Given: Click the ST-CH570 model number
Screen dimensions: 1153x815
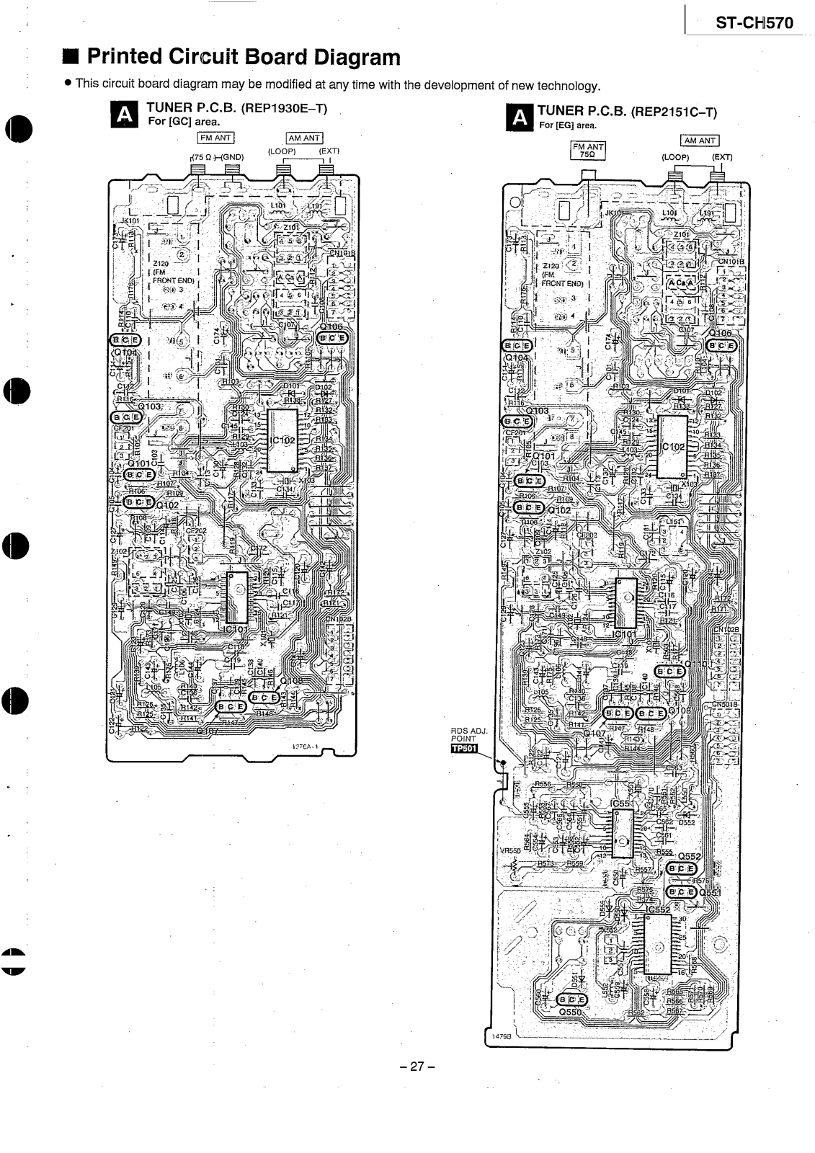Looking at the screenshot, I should point(754,23).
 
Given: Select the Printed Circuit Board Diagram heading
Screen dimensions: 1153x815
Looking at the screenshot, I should point(242,57).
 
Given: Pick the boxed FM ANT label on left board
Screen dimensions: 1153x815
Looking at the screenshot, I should point(215,138).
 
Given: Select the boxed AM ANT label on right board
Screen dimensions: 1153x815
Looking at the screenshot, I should point(699,141).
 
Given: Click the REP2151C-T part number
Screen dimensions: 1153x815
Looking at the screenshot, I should point(674,112).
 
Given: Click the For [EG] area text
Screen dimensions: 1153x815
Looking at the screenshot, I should point(568,125).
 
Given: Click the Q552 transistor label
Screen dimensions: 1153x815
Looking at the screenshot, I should point(689,857).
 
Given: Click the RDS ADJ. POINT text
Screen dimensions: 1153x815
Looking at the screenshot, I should point(469,734).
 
